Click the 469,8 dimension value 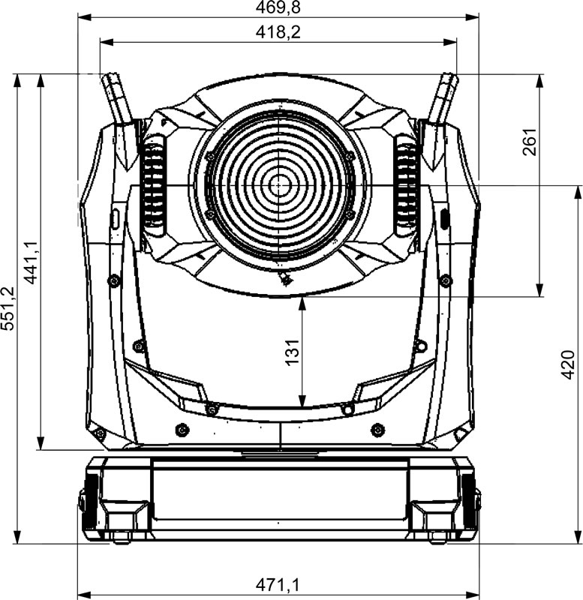[278, 7]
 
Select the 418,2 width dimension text [278, 32]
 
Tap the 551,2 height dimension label [8, 308]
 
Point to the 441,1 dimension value [31, 262]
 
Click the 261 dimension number [530, 142]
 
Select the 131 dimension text [292, 352]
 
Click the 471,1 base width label [278, 585]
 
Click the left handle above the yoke [119, 118]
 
